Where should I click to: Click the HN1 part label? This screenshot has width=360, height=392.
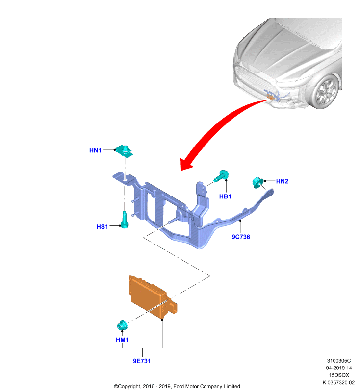[95, 150]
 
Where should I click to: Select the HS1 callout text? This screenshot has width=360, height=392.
[102, 227]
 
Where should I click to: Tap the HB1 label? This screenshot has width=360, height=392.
[225, 196]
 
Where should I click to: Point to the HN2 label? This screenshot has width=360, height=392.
[282, 181]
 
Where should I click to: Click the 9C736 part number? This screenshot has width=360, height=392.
[241, 237]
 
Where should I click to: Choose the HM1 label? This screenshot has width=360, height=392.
[122, 340]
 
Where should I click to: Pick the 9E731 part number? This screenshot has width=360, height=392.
[142, 361]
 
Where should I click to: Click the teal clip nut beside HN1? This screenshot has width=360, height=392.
[125, 151]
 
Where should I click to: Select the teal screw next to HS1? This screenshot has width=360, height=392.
[125, 220]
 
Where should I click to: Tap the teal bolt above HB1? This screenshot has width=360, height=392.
[221, 176]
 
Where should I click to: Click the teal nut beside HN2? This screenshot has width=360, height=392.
[257, 182]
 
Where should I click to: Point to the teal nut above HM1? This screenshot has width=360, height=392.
[122, 325]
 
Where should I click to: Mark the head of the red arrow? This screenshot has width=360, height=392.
[184, 165]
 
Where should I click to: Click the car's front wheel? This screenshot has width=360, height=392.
[327, 92]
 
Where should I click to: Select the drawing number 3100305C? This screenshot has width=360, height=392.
[339, 361]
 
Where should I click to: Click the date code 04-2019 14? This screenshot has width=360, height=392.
[339, 368]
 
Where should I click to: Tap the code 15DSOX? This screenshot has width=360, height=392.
[339, 375]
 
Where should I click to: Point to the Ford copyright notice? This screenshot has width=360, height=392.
[177, 386]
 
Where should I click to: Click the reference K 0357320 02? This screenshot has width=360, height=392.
[338, 383]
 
